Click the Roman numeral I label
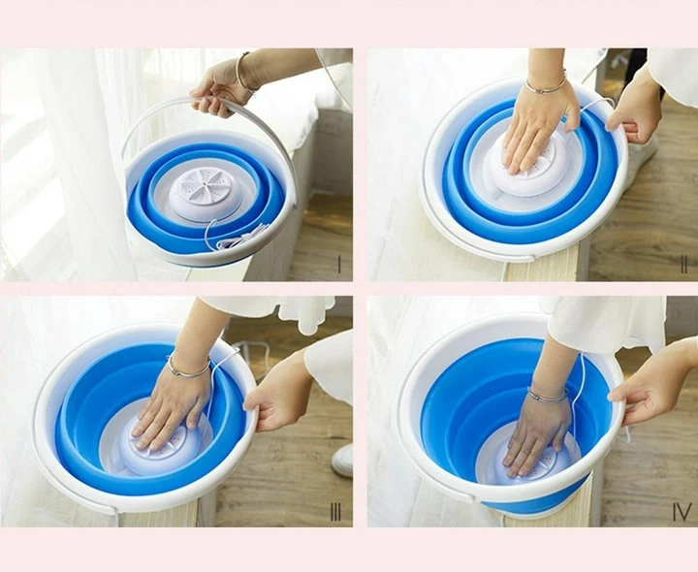point(339,264)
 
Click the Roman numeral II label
point(684,264)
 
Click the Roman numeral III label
point(335,513)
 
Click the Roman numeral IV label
point(682,512)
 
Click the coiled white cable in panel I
point(236,236)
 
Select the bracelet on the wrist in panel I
point(244,75)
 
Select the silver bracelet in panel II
point(546,86)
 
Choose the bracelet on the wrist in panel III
point(188,368)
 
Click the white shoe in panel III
point(342,460)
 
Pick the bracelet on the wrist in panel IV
point(548,395)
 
